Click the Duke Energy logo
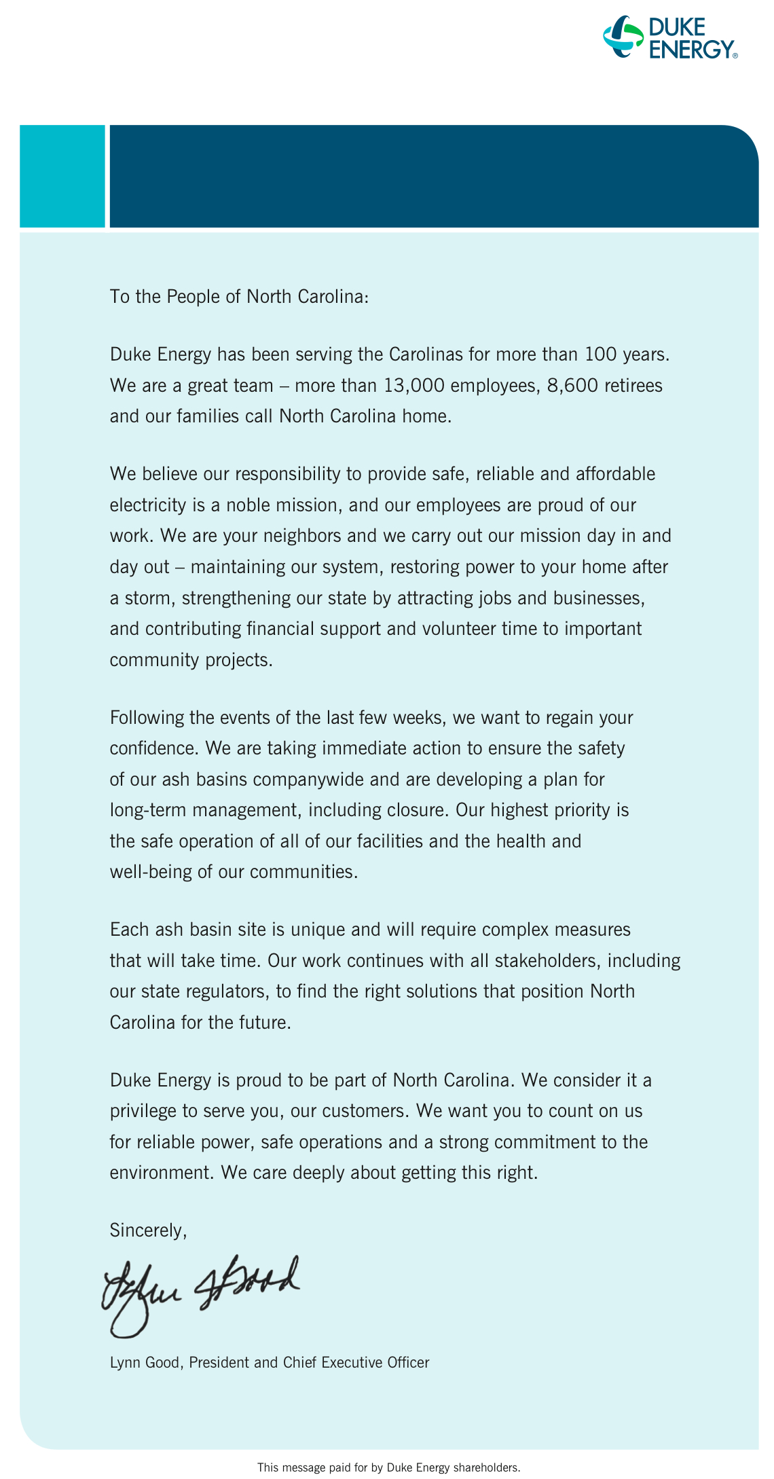tap(671, 37)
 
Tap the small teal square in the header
tap(62, 176)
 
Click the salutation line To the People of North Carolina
tap(239, 297)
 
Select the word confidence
tap(153, 748)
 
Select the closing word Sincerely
tap(148, 1230)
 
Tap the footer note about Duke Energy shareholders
tap(388, 1467)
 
